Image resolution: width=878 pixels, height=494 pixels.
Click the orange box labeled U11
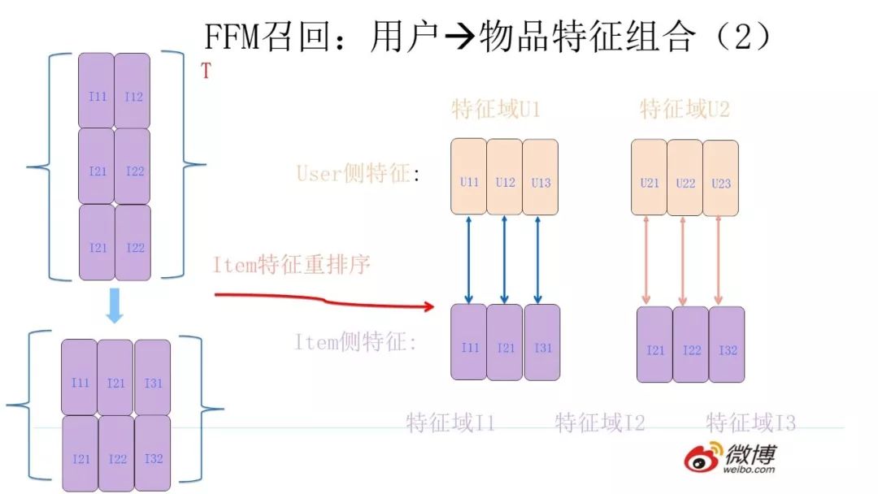click(x=469, y=176)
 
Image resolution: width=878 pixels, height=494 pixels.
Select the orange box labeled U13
click(x=541, y=176)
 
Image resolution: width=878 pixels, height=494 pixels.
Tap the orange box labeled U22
click(x=685, y=177)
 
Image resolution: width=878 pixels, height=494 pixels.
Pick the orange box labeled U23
click(x=721, y=177)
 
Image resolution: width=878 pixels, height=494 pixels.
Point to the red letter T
click(x=206, y=71)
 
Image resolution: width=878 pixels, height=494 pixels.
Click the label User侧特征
click(x=358, y=173)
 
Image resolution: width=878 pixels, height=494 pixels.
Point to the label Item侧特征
click(x=355, y=343)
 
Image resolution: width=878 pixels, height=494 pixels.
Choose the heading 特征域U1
click(x=496, y=110)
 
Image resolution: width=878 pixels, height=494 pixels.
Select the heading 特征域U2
click(x=685, y=110)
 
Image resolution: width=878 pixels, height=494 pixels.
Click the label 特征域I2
click(x=600, y=422)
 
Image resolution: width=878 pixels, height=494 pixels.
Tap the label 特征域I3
click(x=750, y=422)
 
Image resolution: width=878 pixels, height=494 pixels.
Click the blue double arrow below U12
click(x=505, y=259)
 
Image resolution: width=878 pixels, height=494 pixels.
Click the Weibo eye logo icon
click(x=702, y=457)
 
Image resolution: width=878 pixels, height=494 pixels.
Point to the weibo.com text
click(x=750, y=469)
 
